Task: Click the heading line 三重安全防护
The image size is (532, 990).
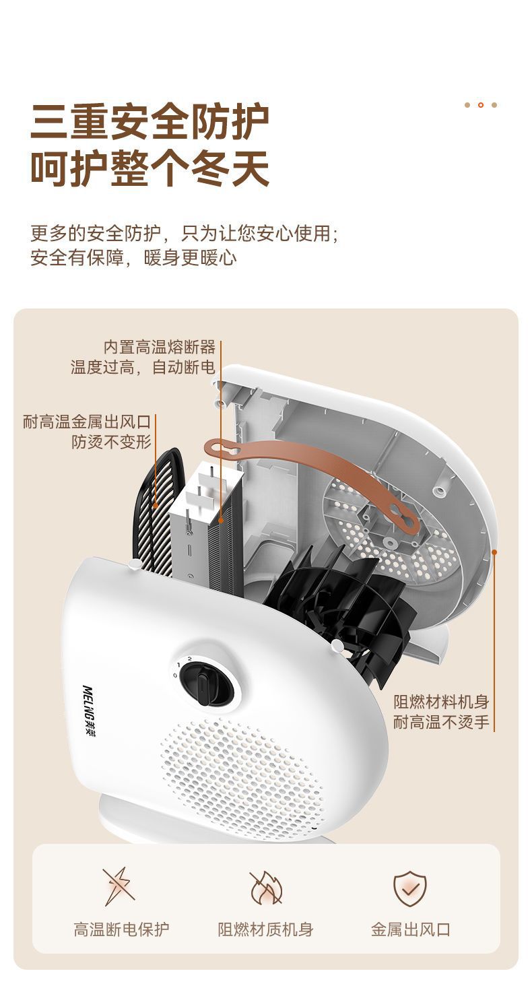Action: point(149,122)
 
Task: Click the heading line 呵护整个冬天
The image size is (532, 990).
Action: point(149,169)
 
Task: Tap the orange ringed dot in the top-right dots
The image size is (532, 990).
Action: point(480,105)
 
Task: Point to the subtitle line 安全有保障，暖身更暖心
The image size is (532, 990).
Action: point(133,258)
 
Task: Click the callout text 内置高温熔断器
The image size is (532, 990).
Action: point(160,347)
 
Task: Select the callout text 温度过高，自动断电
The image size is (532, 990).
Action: point(143,368)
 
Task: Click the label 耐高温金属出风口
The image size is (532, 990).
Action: point(86,422)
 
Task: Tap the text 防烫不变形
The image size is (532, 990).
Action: point(112,442)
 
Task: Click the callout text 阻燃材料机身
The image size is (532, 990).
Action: point(441,702)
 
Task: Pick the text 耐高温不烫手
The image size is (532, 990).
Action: point(441,723)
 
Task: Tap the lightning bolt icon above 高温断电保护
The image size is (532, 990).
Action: point(119,886)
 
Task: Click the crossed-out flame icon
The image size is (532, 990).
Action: point(265,888)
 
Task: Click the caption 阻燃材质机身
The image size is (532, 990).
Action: point(265,930)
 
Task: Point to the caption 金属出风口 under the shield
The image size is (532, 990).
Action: point(410,930)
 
